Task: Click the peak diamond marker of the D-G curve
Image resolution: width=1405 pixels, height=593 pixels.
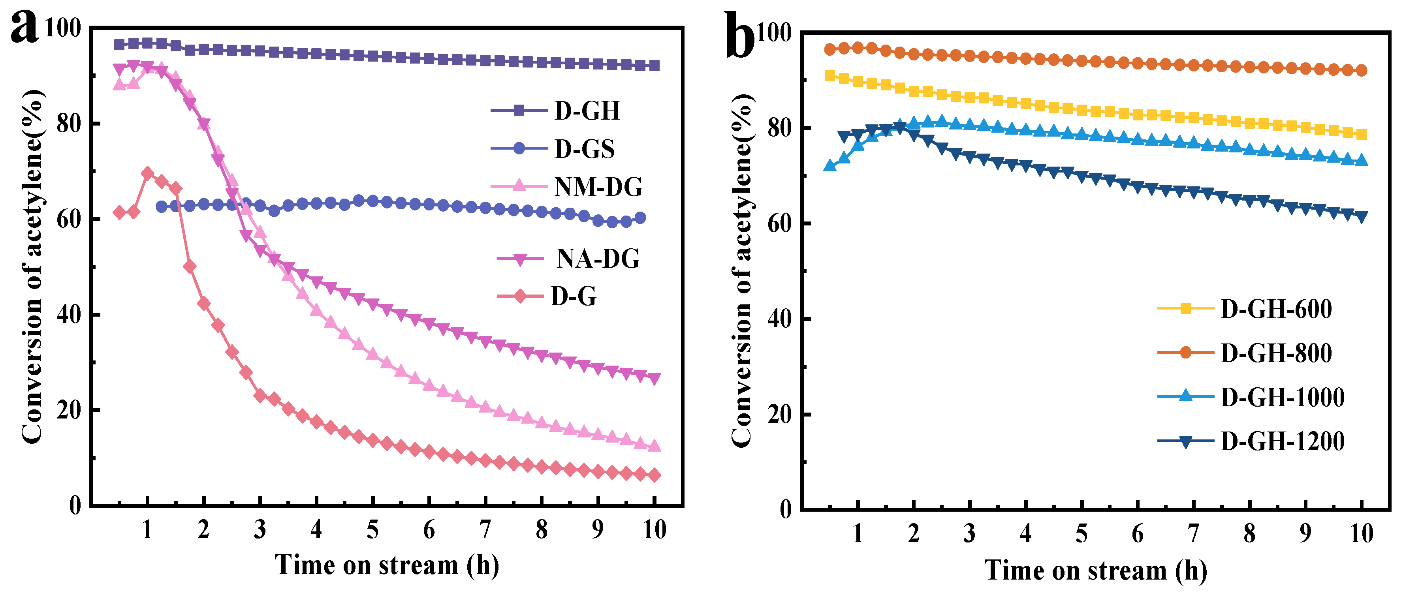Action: click(x=147, y=173)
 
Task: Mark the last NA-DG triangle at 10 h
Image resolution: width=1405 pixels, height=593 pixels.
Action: click(x=655, y=379)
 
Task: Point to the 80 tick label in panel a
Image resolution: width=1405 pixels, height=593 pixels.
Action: click(x=69, y=124)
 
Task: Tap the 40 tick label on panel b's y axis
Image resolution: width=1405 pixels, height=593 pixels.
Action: click(x=779, y=319)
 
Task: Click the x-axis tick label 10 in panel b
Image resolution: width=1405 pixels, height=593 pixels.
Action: click(x=1361, y=533)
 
